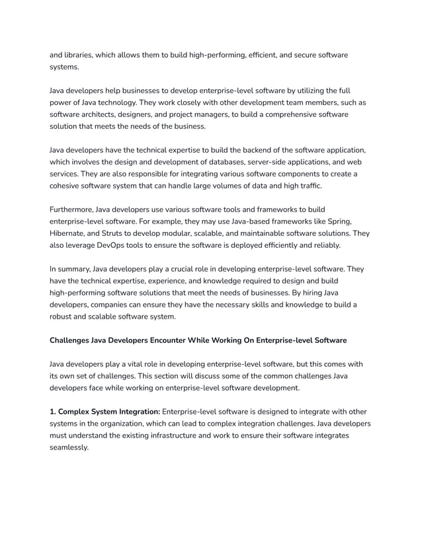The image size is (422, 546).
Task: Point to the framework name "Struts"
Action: click(131, 233)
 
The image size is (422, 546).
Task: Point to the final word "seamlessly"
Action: click(69, 448)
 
